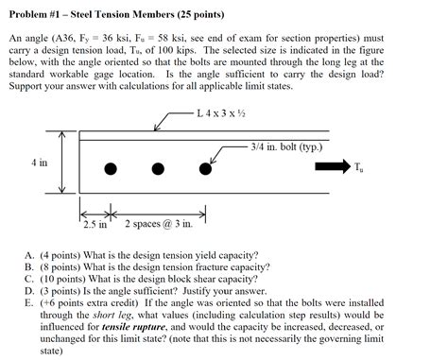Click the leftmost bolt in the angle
[111, 169]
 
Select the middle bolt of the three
[158, 169]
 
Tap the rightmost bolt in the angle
[205, 169]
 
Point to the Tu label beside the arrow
[358, 169]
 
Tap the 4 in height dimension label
[38, 163]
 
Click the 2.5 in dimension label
[95, 225]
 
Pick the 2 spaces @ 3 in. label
[159, 225]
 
